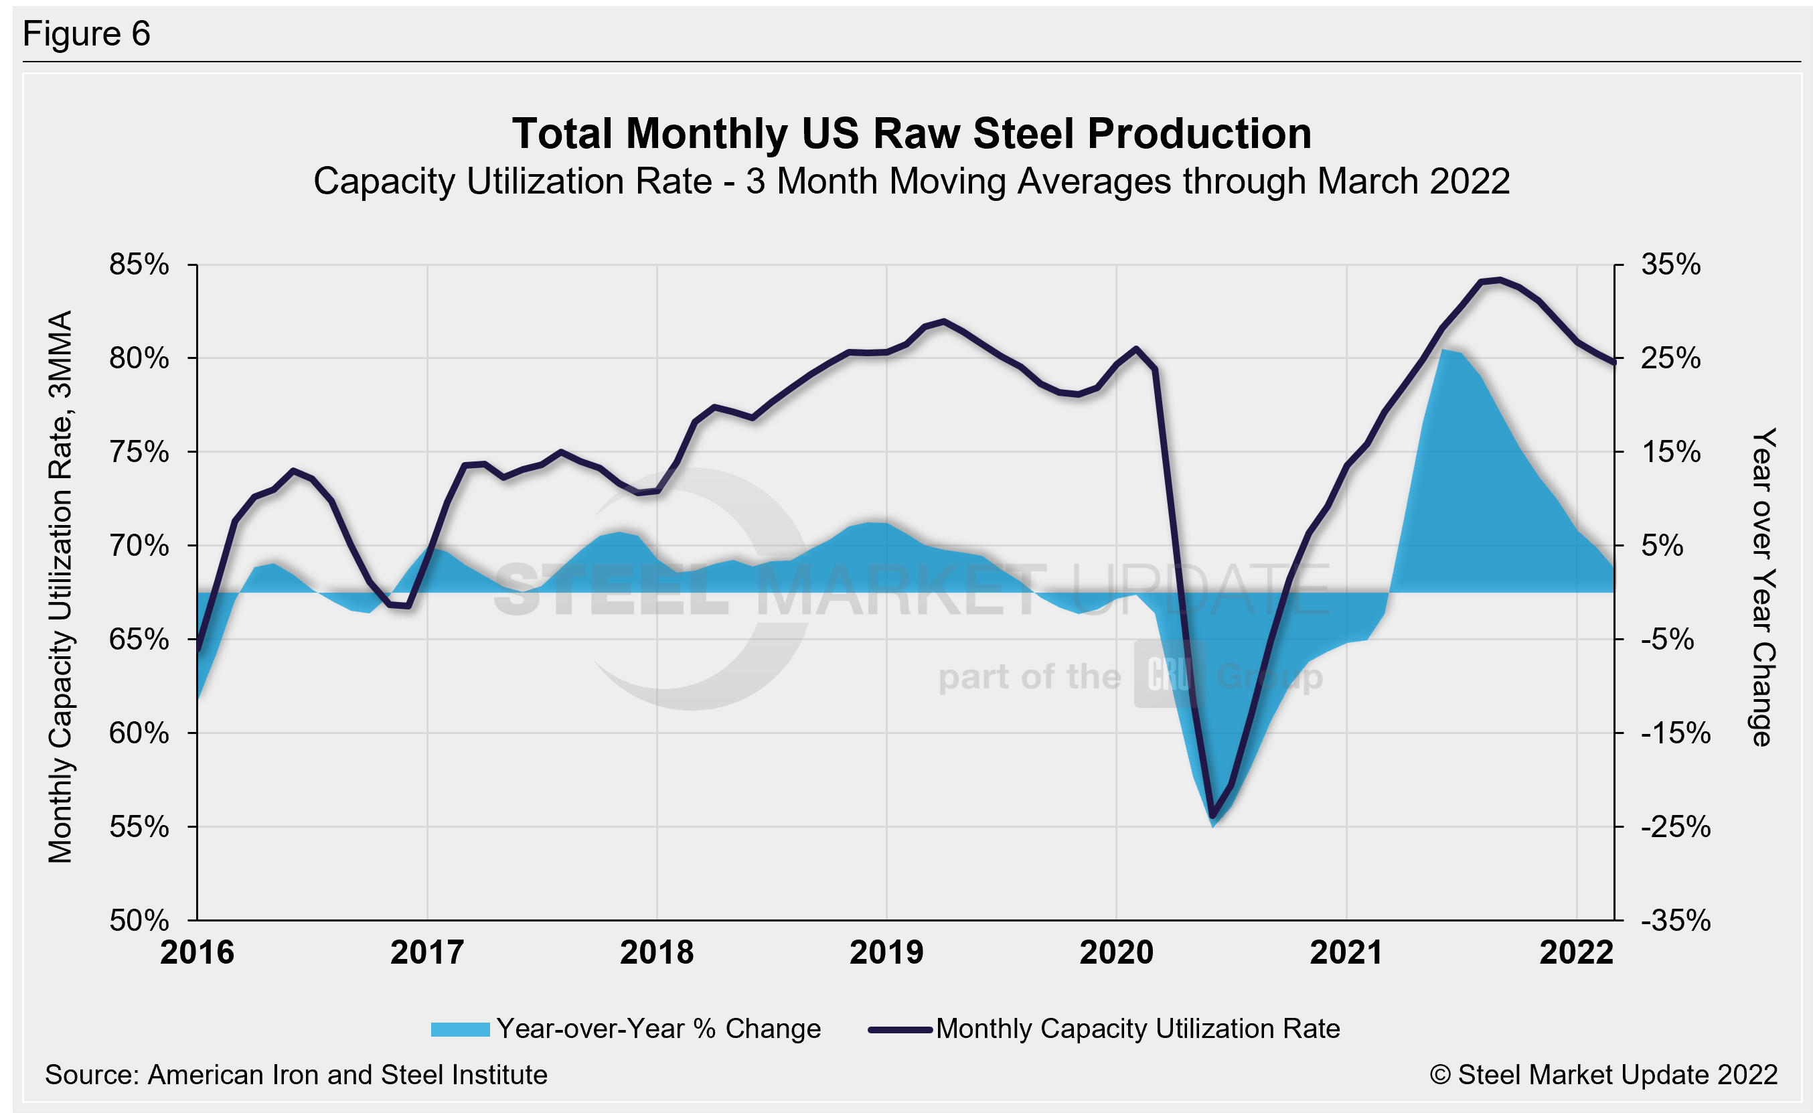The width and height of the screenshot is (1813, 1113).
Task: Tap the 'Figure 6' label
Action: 87,34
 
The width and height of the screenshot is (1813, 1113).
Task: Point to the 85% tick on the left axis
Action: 139,265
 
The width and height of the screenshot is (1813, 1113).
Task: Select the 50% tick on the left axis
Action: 139,920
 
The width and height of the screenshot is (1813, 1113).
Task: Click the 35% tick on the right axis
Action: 1670,265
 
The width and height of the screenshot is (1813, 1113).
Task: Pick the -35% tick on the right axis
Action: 1674,920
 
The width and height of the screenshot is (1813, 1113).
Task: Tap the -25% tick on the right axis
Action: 1674,826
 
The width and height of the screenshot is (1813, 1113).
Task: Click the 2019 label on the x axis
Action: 886,952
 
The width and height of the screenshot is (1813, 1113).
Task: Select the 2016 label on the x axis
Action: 198,952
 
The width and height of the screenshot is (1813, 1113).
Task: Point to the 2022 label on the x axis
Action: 1576,952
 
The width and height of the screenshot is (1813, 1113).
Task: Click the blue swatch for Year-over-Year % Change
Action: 460,1029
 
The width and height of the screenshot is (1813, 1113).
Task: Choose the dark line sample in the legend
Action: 900,1029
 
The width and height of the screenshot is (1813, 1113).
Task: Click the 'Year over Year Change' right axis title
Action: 1763,587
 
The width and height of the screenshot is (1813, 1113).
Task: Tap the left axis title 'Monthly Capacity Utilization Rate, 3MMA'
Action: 60,587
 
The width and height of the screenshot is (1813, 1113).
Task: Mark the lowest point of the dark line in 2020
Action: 1212,816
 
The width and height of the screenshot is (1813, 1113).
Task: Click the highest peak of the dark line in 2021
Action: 1500,280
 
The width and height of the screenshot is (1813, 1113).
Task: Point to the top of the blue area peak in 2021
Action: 1443,350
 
